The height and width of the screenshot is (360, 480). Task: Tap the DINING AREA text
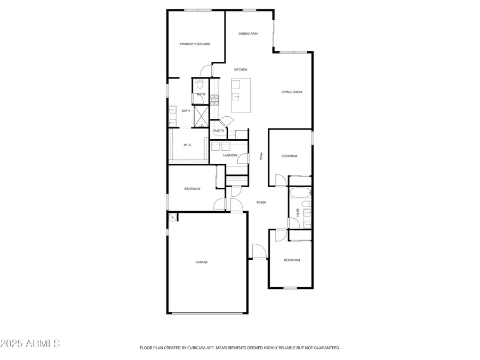pos(248,34)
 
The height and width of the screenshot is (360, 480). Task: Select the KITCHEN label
pos(241,70)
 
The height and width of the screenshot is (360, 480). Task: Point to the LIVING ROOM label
pos(292,92)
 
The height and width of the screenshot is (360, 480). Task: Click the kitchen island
pos(241,95)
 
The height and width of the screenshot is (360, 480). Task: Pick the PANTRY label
pos(219,131)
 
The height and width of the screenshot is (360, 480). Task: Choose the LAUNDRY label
pos(230,155)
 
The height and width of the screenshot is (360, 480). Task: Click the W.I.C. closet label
pos(188,145)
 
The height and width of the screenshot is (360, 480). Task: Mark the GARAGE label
pos(202,262)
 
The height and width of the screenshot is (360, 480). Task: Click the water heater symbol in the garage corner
pos(172,217)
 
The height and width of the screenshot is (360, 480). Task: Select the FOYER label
pos(261,203)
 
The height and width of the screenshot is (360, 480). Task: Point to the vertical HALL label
pos(261,156)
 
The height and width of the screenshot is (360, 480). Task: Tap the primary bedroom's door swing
pos(206,70)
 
